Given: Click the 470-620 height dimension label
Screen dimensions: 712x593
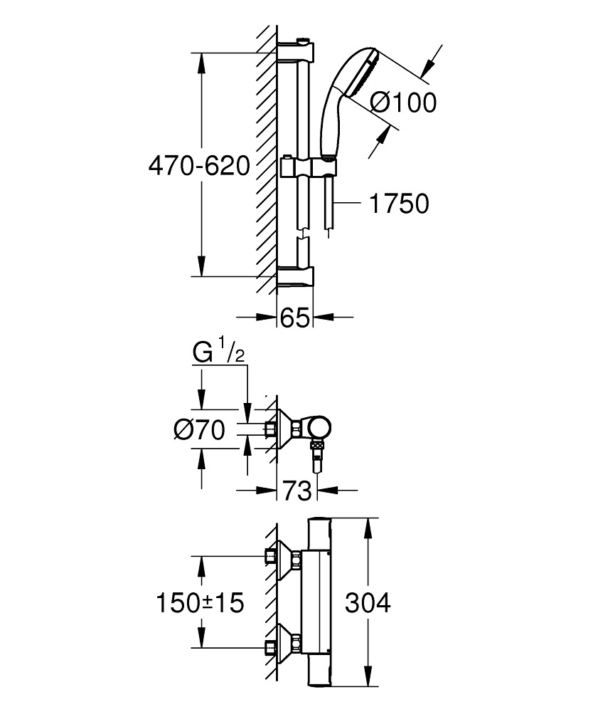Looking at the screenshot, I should coord(199,167).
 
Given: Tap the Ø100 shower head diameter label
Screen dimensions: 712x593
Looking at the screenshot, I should coord(403,103).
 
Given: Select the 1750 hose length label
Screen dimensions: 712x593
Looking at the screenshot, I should coord(399,204).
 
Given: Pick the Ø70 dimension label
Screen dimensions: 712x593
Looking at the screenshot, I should coord(199,429).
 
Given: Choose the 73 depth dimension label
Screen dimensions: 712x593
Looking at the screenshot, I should coord(297,491).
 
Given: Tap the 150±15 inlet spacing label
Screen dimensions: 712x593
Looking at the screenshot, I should coord(200,604).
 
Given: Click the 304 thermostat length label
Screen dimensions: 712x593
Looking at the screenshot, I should coord(367,604).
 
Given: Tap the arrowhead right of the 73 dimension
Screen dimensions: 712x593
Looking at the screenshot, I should coord(326,491).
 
